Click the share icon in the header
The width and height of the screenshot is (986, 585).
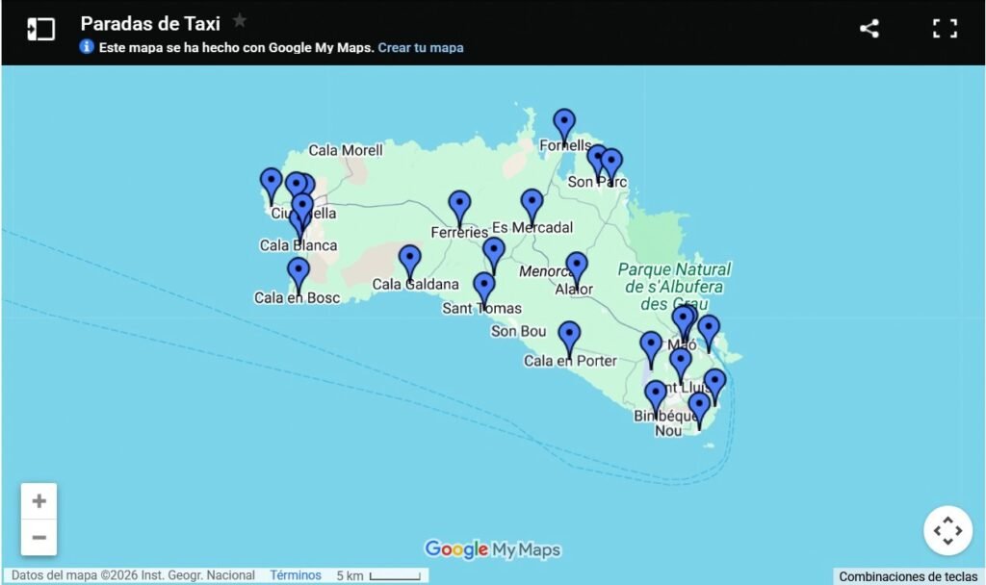point(869,29)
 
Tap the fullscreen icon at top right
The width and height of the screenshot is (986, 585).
point(945,29)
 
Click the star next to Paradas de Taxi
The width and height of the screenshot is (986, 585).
point(240,21)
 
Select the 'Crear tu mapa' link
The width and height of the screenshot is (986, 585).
point(421,47)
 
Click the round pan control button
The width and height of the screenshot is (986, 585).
point(947,530)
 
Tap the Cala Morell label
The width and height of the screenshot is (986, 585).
point(346,150)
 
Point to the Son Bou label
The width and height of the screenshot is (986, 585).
point(519,332)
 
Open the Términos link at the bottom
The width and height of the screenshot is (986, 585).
point(296,575)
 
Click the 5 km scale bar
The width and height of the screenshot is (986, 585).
point(395,576)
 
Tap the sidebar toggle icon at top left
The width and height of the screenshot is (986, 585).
point(40,29)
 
